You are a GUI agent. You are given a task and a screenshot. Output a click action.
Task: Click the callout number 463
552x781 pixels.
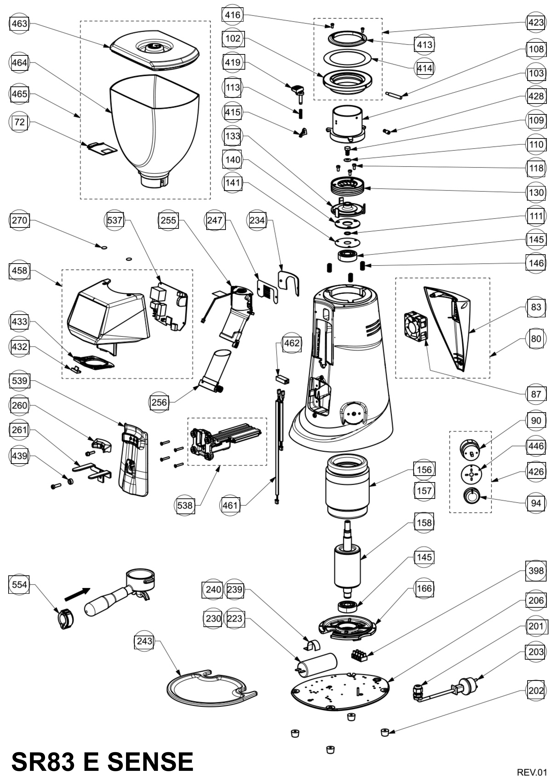pos(19,24)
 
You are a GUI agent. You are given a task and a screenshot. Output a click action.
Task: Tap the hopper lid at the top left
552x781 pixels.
pos(155,51)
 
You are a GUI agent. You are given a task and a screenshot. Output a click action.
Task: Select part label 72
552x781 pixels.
pos(19,122)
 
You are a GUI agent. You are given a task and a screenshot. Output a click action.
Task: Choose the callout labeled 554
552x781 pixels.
pos(19,584)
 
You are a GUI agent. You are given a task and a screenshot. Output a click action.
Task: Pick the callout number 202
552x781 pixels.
pos(536,691)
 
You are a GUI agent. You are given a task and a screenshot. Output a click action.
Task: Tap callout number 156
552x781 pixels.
pos(424,470)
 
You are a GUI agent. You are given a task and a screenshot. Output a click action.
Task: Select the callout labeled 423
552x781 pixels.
pos(536,22)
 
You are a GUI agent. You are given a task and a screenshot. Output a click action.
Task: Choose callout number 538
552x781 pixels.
pos(185,505)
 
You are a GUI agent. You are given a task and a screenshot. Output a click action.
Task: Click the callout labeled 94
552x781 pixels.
pos(536,503)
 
